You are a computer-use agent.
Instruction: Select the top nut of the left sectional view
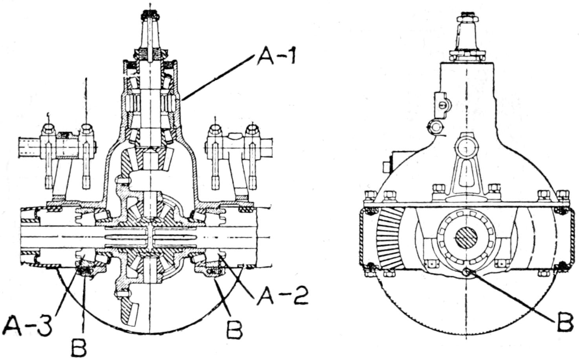point(150,15)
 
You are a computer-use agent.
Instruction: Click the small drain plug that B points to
point(466,272)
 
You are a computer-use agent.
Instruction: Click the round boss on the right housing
point(466,146)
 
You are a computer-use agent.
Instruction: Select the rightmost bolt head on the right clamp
point(251,130)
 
